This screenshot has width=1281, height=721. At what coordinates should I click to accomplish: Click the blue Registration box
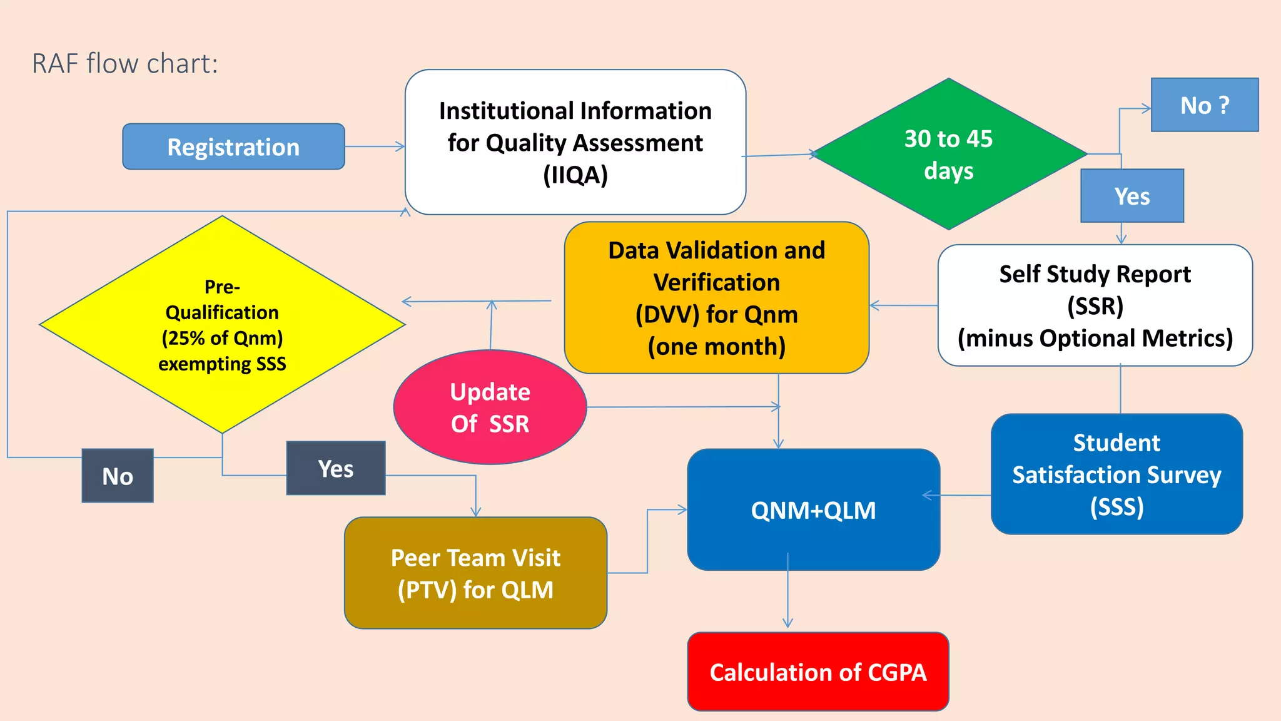(x=233, y=147)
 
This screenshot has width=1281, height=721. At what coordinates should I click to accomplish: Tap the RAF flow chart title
(x=125, y=64)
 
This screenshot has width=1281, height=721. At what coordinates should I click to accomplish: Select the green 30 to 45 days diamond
(x=948, y=154)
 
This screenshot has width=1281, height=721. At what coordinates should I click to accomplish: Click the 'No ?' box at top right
(x=1204, y=105)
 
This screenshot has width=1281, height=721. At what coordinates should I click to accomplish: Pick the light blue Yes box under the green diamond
(x=1132, y=197)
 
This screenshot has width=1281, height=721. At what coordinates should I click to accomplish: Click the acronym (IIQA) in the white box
(x=575, y=175)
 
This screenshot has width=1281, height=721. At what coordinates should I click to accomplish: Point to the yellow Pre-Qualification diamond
(x=222, y=325)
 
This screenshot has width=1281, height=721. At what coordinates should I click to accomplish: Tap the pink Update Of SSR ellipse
(x=490, y=407)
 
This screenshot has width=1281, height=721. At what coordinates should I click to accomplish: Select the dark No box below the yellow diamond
(x=118, y=476)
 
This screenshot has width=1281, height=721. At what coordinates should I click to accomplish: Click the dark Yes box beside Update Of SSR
(x=336, y=469)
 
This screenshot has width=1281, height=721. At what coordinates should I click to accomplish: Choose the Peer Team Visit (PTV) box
(x=475, y=573)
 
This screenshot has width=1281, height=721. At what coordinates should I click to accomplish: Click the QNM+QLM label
(x=813, y=511)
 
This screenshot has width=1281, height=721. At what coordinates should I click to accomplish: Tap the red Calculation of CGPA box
(x=818, y=672)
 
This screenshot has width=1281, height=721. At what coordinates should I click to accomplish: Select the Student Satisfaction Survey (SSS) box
(x=1116, y=474)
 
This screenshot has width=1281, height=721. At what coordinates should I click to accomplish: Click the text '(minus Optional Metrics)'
(x=1095, y=339)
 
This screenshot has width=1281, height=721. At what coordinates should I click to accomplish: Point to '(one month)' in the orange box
(x=716, y=347)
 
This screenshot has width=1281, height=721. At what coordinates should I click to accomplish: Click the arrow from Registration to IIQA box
(x=374, y=147)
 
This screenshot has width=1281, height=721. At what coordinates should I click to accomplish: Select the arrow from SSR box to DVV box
(x=903, y=305)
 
